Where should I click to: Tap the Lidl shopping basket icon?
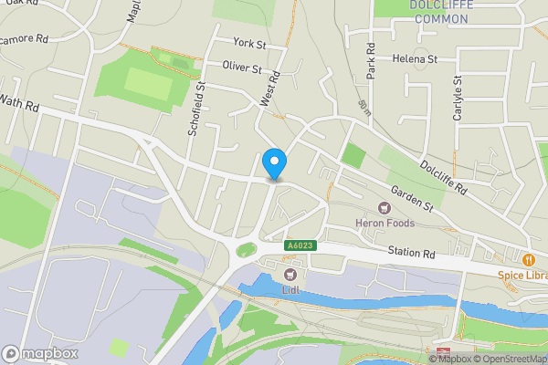click(291, 274)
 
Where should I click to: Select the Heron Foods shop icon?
click(385, 208)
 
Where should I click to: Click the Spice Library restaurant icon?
click(528, 257)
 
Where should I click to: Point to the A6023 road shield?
click(300, 245)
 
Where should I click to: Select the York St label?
click(248, 43)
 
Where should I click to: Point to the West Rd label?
click(269, 91)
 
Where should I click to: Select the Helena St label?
click(416, 58)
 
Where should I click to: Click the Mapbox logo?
click(40, 353)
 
